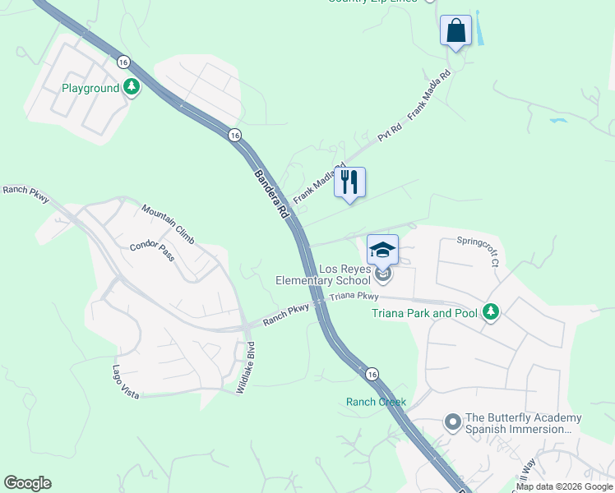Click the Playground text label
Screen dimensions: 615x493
click(90, 88)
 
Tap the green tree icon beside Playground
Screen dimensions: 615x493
click(132, 87)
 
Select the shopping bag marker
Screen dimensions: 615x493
click(455, 31)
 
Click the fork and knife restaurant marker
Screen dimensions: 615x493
click(350, 183)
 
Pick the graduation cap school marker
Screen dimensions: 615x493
click(382, 250)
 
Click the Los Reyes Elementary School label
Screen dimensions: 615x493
click(335, 274)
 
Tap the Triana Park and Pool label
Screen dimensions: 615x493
click(423, 313)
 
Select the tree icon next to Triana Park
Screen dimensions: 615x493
click(491, 312)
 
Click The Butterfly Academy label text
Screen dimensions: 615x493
click(524, 423)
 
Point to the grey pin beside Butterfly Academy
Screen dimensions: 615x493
click(451, 422)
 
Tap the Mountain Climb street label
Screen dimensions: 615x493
click(168, 224)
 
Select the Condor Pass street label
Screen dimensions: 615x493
click(152, 252)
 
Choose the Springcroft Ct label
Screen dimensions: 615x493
click(479, 252)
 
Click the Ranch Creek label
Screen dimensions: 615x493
click(376, 402)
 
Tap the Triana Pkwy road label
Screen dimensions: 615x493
click(354, 297)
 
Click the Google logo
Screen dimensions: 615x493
click(28, 483)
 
